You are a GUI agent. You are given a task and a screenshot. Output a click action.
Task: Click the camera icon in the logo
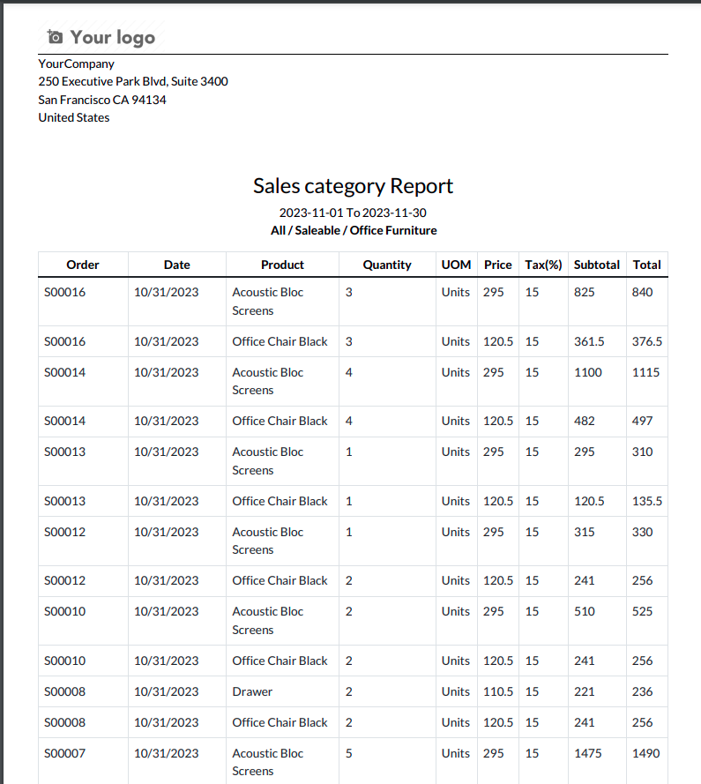(56, 37)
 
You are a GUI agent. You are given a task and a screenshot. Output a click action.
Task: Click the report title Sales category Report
(353, 186)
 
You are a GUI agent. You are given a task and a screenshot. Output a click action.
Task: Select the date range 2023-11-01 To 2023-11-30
(353, 213)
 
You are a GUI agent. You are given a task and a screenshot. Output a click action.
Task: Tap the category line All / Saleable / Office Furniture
(353, 230)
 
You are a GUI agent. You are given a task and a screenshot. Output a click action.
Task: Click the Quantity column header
(387, 265)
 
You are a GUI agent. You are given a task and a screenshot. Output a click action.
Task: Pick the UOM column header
(456, 265)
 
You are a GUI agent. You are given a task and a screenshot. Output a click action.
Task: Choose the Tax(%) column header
(543, 265)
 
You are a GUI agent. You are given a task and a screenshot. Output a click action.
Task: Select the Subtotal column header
(596, 265)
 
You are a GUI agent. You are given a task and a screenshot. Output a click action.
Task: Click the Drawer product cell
(252, 691)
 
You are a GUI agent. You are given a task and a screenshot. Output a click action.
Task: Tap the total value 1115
(645, 372)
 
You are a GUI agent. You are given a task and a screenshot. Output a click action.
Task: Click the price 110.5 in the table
(498, 691)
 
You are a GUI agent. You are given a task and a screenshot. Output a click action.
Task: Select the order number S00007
(65, 753)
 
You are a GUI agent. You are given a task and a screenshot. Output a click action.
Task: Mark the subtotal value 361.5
(589, 341)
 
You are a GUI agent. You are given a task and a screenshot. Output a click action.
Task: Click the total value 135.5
(647, 501)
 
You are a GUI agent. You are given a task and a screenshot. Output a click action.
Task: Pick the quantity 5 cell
(349, 753)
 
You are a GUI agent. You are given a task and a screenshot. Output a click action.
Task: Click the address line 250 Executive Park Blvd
(133, 81)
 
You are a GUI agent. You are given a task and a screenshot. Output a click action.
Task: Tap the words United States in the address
(74, 117)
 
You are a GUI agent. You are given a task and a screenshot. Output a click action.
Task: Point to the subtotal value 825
(584, 292)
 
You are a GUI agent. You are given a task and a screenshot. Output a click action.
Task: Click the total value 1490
(645, 753)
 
